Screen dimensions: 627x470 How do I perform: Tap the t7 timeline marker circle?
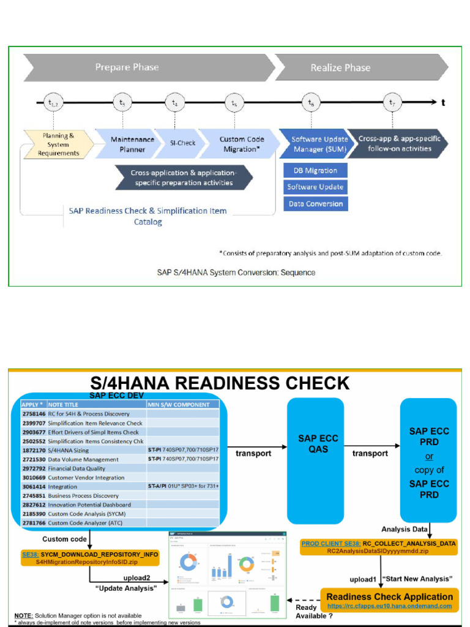pos(392,103)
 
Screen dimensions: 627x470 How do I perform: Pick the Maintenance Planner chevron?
pos(132,144)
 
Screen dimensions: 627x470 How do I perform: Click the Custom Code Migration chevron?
pos(241,144)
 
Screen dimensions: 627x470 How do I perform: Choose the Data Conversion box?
pos(315,204)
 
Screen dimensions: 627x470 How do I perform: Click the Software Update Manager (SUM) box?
pos(315,144)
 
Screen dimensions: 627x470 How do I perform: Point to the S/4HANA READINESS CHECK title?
pos(220,384)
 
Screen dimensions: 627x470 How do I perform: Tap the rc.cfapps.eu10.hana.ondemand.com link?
pos(389,606)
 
